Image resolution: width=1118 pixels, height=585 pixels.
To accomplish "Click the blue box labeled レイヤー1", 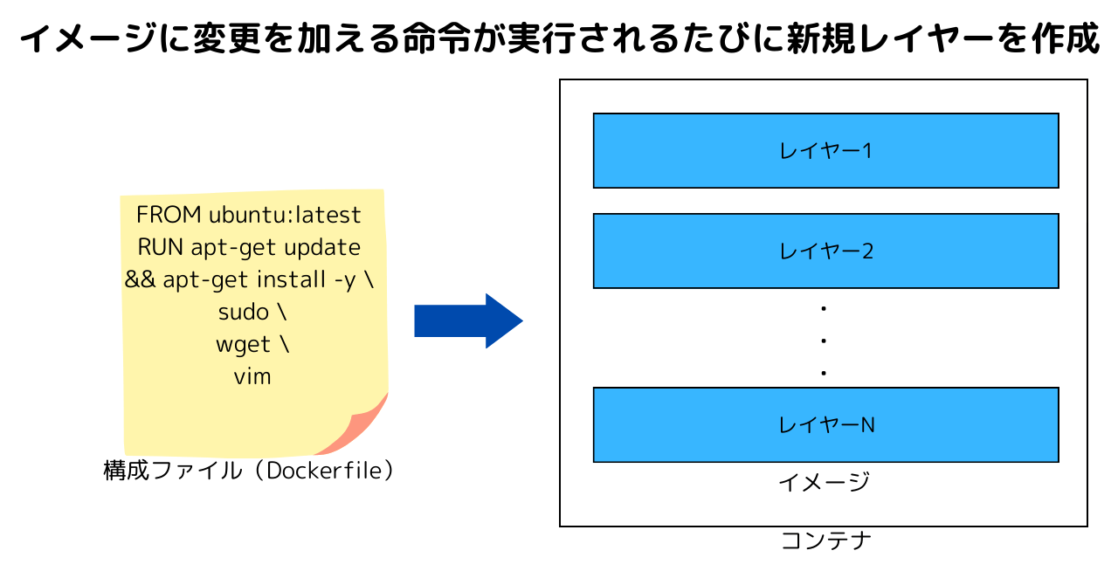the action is pos(826,151).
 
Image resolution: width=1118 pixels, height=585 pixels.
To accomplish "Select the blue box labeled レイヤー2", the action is pos(826,251).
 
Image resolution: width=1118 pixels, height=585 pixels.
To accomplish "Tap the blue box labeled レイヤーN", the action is pos(826,424).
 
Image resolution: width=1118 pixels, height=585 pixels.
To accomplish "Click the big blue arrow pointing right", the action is pos(469,321).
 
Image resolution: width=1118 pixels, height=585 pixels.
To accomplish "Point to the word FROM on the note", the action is pos(169,215).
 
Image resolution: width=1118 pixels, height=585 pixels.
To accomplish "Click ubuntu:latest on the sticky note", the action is pos(285,215).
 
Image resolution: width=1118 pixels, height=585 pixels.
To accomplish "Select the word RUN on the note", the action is pos(160,248).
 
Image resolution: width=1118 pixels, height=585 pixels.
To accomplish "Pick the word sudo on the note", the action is pos(244,313).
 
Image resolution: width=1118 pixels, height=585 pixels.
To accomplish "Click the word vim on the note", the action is pos(252,377).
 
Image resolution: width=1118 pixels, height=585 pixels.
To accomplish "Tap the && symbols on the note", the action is pos(140,279).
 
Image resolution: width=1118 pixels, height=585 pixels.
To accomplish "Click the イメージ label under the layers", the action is pos(824,482).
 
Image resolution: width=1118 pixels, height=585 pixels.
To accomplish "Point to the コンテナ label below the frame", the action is pos(826,540).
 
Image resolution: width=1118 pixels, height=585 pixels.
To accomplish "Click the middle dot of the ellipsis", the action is pos(824,341).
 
